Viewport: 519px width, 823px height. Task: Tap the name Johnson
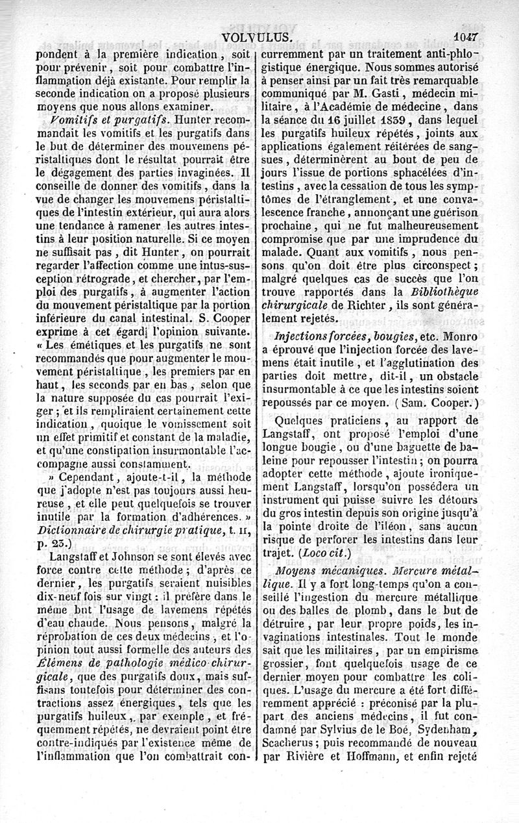[x=125, y=556]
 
